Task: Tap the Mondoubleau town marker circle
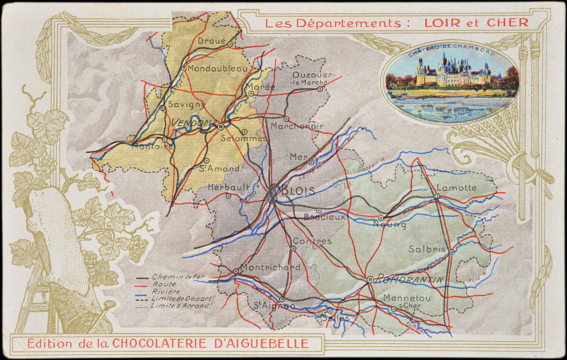[x=184, y=68]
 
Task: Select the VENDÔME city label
[x=194, y=123]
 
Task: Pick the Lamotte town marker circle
[x=437, y=196]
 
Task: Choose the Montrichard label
[x=270, y=267]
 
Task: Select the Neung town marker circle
[x=381, y=217]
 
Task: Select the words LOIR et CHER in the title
[x=476, y=23]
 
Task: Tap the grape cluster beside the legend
[x=138, y=248]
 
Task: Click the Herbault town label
[x=229, y=187]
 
